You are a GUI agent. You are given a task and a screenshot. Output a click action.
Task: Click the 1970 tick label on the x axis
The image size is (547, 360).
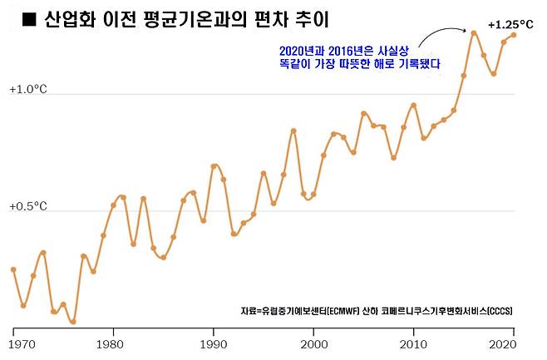click(x=14, y=343)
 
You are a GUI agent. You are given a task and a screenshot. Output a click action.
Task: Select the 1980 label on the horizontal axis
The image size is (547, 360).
click(x=113, y=343)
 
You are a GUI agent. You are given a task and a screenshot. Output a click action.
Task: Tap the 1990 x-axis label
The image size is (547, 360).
click(x=214, y=343)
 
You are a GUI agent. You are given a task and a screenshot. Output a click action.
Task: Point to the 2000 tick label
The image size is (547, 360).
click(x=313, y=343)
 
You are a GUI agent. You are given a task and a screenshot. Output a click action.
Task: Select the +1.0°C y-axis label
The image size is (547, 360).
click(x=27, y=89)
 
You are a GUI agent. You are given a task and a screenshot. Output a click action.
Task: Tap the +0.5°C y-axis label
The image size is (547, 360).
click(x=27, y=206)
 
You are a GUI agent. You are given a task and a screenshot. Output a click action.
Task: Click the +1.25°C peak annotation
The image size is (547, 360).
click(x=510, y=25)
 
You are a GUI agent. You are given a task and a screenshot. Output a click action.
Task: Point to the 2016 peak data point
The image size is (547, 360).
click(x=473, y=33)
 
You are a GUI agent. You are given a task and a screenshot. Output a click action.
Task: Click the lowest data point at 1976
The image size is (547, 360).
click(x=73, y=322)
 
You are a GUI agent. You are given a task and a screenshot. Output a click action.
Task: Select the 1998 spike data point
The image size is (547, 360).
click(x=293, y=131)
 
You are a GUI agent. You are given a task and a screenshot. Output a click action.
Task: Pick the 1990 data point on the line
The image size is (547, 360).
click(x=214, y=166)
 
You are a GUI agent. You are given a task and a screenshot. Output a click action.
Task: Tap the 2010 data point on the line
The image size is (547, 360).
click(x=413, y=105)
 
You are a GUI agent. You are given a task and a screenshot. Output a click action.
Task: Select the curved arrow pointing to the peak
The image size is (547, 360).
click(x=441, y=34)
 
